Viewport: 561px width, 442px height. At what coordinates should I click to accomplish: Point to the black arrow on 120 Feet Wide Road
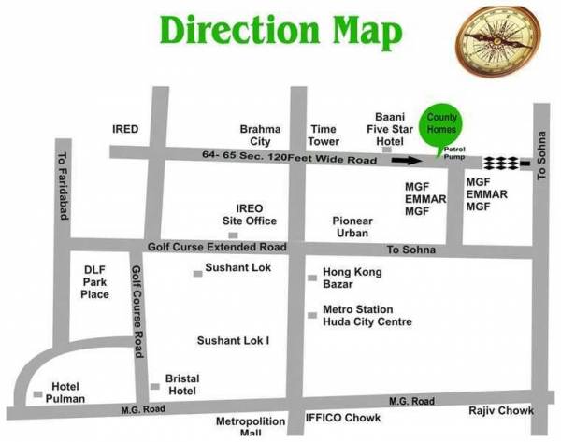point(406,160)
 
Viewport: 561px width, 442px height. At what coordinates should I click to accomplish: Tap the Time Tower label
point(324,135)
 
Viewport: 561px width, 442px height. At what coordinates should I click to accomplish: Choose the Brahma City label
point(255,135)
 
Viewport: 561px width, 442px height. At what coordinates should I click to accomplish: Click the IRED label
point(125,129)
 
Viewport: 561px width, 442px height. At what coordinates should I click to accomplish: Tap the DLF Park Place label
point(95,281)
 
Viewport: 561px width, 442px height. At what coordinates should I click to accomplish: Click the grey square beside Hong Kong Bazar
point(312,278)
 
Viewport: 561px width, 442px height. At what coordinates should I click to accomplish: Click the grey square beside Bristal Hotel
point(154,386)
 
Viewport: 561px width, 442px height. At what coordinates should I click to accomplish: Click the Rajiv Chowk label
point(501,410)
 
